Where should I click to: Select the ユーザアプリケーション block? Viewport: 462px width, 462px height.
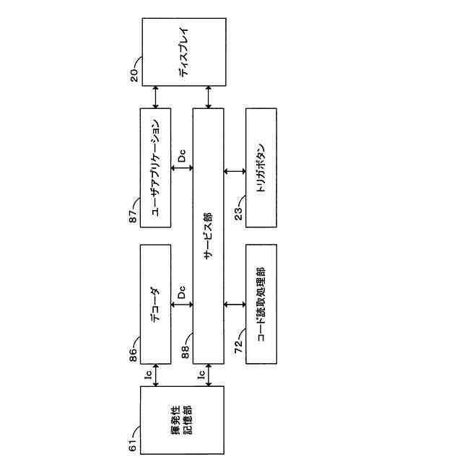pyautogui.click(x=156, y=167)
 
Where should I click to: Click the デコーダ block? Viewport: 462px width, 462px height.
pyautogui.click(x=156, y=304)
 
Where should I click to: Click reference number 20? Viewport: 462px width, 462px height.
pyautogui.click(x=134, y=75)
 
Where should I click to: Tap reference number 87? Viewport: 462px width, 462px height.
pyautogui.click(x=134, y=216)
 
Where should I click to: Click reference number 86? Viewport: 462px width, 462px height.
pyautogui.click(x=134, y=353)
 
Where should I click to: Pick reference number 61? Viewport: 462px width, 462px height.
pyautogui.click(x=134, y=445)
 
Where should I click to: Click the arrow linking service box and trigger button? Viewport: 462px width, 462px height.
pyautogui.click(x=235, y=171)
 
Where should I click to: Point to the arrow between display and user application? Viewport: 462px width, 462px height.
pyautogui.click(x=156, y=97)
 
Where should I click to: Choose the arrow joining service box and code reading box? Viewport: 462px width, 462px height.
pyautogui.click(x=235, y=304)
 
